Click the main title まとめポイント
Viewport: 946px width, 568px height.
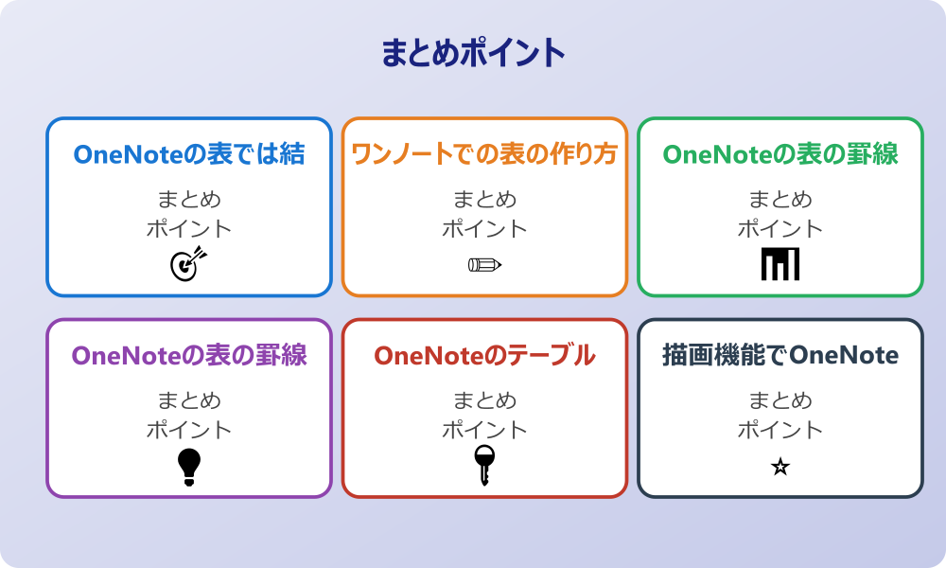pos(473,54)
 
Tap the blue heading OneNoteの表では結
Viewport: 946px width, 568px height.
pos(189,154)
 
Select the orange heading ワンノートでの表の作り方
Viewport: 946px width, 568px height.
pos(484,154)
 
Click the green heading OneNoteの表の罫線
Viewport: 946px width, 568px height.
pos(780,154)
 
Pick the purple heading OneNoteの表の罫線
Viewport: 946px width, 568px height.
pos(189,356)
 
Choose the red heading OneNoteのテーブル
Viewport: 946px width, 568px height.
pos(484,356)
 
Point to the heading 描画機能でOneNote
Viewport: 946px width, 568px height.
pos(780,356)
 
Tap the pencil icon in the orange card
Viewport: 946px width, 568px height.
pos(484,264)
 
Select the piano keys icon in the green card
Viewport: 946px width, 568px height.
pos(780,264)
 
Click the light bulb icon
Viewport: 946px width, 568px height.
pos(189,466)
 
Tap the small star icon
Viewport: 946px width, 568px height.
pos(780,467)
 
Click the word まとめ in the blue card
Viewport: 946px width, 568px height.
pos(189,200)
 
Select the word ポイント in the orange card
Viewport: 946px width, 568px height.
pos(484,229)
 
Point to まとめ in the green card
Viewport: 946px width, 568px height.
pos(780,200)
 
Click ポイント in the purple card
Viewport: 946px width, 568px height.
pos(189,430)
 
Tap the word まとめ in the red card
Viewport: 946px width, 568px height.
pos(484,400)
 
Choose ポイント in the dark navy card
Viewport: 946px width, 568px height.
pos(780,430)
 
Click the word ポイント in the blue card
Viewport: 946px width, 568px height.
pos(189,229)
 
